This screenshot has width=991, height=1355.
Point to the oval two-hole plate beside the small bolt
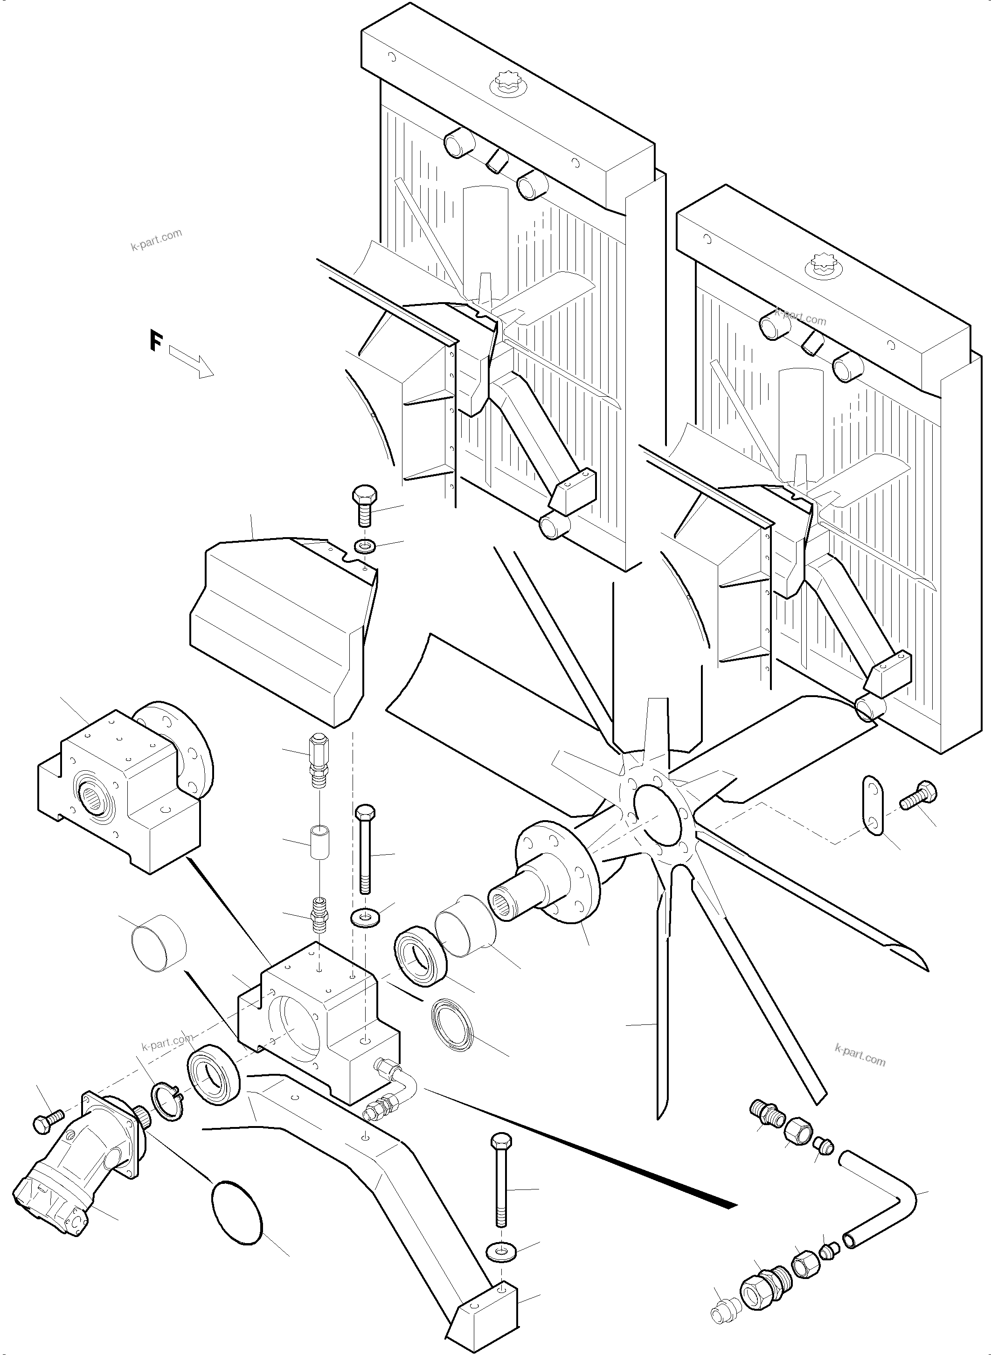(873, 805)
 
